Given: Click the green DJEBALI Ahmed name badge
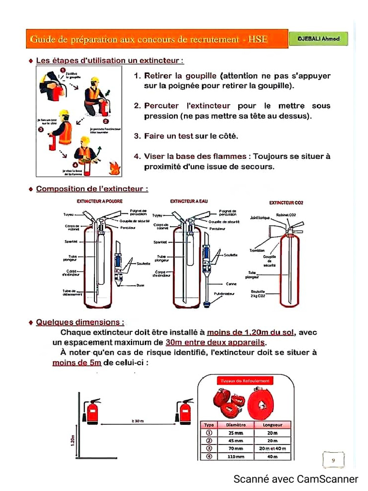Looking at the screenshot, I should [x=319, y=39].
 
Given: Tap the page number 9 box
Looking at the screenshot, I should [x=333, y=460].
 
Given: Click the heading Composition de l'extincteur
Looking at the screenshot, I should [x=92, y=189].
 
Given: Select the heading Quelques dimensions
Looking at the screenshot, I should [x=80, y=322].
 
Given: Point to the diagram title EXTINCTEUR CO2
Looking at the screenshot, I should [x=286, y=203].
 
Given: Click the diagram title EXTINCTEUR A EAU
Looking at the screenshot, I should [x=189, y=201].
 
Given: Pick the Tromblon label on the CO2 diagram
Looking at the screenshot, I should [x=257, y=250].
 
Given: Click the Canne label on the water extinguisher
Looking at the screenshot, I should [x=231, y=284].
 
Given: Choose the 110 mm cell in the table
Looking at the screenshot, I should [x=235, y=456].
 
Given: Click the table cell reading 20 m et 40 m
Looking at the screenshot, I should [x=272, y=448].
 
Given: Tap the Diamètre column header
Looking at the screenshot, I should [x=235, y=425].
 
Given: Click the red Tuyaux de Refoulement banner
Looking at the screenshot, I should [x=245, y=381].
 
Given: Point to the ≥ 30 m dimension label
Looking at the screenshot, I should [x=138, y=421].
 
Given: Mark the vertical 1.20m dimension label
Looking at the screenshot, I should [x=72, y=439].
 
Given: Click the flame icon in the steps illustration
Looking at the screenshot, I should [x=115, y=168].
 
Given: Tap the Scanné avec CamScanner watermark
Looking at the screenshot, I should [x=295, y=479].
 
